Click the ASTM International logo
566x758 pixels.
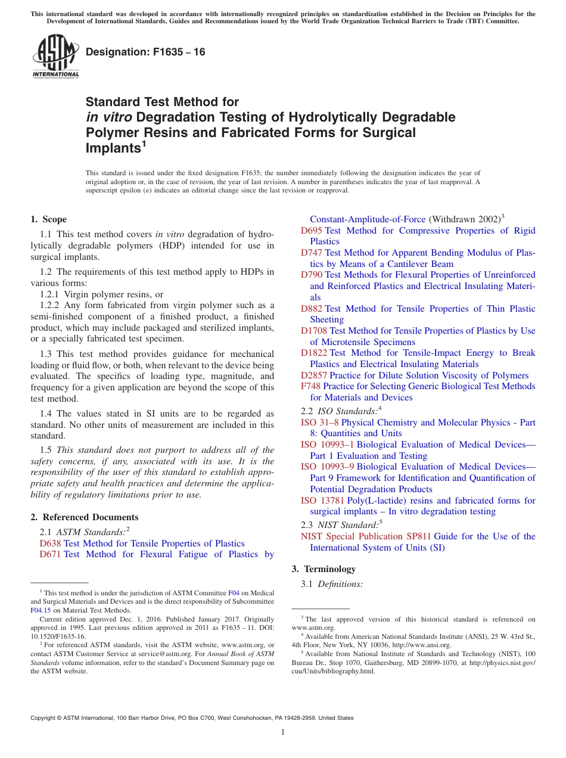[55, 57]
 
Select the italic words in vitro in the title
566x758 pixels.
[108, 117]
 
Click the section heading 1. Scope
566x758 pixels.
[49, 219]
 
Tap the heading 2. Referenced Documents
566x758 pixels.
[85, 517]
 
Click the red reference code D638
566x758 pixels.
[51, 543]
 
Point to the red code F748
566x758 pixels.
[310, 386]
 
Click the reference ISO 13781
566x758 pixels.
[322, 501]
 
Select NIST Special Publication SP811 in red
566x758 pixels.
[366, 536]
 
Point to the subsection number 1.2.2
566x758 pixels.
[51, 306]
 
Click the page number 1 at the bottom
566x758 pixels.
[283, 732]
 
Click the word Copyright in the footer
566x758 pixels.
[45, 718]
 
